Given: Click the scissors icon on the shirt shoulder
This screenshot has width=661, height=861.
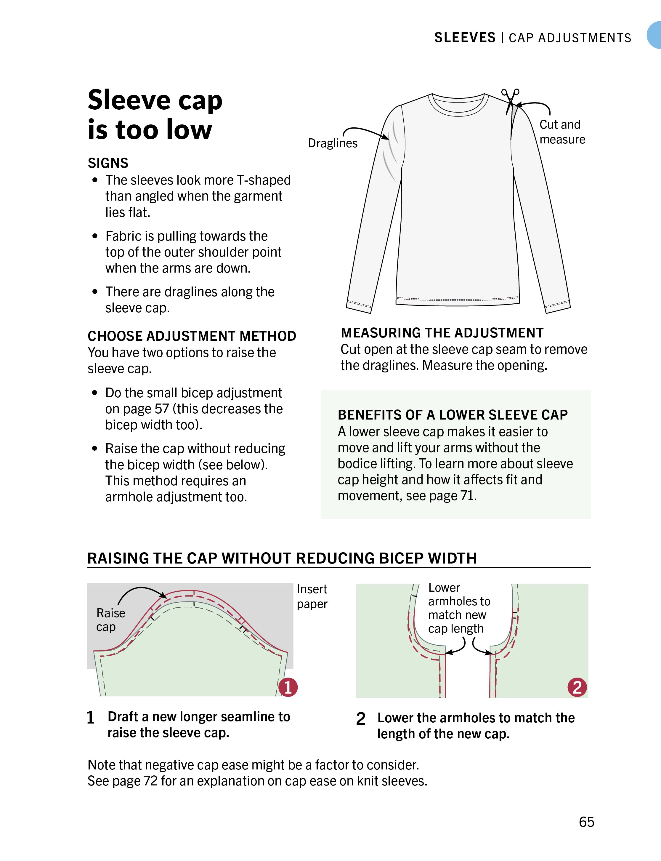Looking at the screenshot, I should (510, 98).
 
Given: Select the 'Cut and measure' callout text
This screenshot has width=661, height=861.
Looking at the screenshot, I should (562, 132).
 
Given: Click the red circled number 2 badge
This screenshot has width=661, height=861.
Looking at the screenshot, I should (577, 687).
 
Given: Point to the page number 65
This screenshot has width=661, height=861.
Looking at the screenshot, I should (586, 822).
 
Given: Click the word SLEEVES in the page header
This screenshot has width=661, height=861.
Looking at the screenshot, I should (465, 38).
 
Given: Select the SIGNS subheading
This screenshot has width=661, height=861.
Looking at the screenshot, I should (108, 163).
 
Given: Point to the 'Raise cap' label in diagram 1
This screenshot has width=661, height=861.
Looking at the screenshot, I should (110, 620).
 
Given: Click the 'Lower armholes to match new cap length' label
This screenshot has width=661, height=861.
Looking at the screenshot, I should (459, 608).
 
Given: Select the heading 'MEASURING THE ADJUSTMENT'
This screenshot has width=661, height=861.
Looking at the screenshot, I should (442, 333).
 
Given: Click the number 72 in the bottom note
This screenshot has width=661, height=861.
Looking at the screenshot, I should (150, 781).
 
